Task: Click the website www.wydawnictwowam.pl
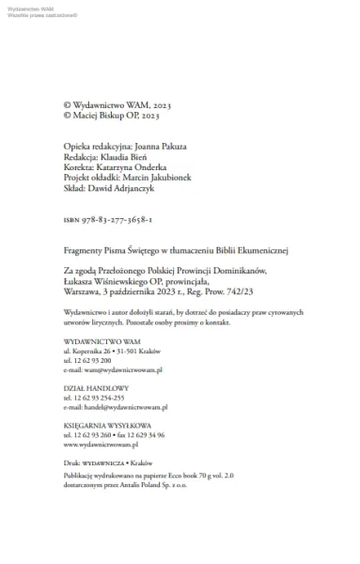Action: (x=101, y=446)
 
